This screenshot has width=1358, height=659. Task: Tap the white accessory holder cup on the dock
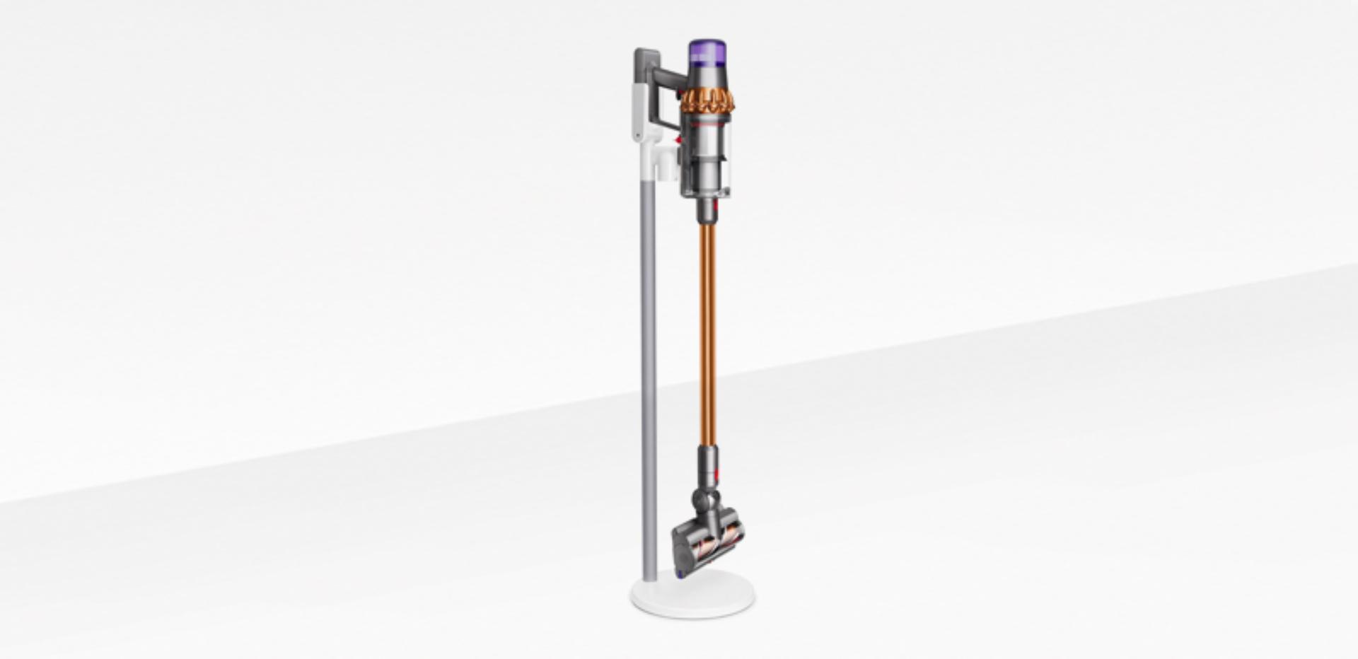click(x=666, y=163)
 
